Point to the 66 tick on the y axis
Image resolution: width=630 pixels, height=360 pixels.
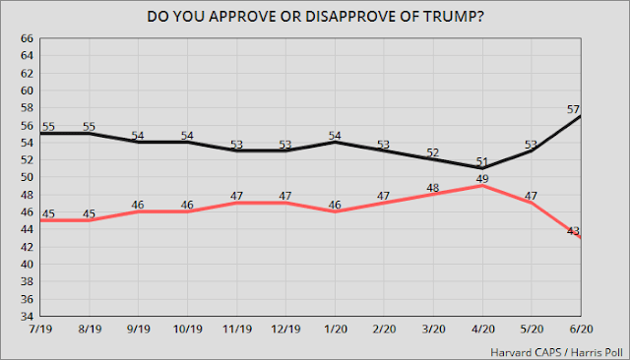click(27, 38)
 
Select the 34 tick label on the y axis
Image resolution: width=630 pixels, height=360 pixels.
click(27, 317)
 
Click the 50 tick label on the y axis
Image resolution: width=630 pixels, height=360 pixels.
click(27, 178)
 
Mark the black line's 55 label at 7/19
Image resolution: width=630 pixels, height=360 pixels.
click(47, 126)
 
